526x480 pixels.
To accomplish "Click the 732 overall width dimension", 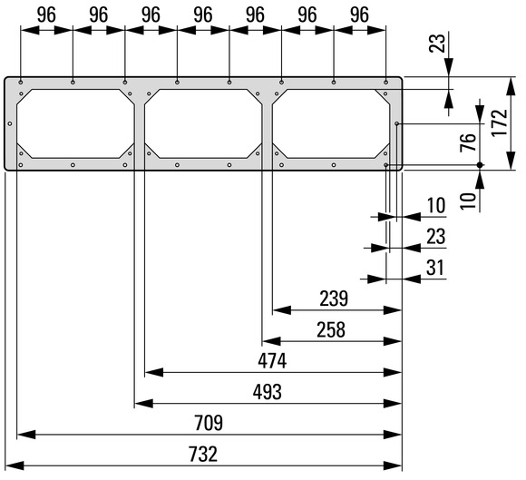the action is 203,455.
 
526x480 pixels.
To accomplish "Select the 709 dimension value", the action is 209,423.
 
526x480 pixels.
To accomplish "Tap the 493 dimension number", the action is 267,392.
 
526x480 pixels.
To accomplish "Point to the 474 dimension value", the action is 272,361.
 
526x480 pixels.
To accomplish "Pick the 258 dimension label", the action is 331,330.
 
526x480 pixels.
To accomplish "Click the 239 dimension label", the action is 334,299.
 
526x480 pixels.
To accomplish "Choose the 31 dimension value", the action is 435,268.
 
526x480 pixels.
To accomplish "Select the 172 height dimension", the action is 500,122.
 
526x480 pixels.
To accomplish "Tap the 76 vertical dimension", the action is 468,142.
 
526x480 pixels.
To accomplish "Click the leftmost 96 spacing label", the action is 46,15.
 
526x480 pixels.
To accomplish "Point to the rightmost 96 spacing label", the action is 360,15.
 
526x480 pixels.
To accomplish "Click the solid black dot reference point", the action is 480,165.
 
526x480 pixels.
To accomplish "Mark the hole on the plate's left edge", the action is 10,123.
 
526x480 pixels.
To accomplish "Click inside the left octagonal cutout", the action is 75,123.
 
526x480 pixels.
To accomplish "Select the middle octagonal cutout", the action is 203,123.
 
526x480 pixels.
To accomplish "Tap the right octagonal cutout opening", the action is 331,123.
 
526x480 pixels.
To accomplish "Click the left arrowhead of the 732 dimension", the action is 15,465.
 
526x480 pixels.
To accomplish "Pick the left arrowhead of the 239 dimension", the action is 281,310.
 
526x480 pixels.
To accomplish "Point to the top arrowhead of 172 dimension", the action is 511,86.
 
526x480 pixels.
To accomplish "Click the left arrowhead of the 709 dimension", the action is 26,435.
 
